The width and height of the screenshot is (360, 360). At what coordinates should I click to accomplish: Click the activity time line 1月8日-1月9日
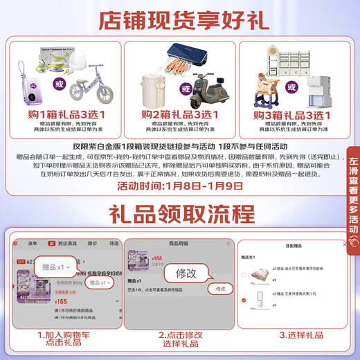(179, 186)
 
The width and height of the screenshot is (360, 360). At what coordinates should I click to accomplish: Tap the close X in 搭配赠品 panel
(344, 246)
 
